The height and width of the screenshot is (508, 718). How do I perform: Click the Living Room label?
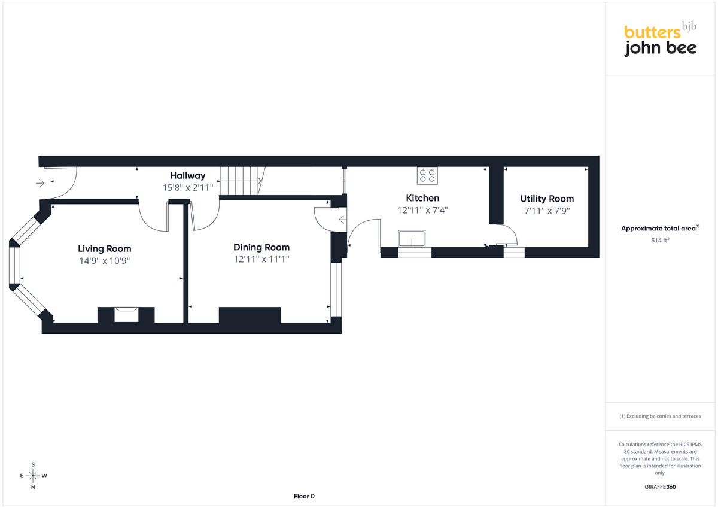(x=105, y=249)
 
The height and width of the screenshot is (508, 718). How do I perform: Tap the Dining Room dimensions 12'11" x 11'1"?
(x=261, y=259)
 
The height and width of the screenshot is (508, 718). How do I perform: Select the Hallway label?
(x=188, y=176)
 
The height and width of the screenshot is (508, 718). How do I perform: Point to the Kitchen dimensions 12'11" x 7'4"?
(x=422, y=210)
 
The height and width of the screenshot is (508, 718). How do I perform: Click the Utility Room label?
(x=547, y=199)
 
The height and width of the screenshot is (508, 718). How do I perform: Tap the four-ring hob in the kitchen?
(x=427, y=176)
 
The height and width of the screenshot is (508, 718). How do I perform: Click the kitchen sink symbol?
(x=412, y=239)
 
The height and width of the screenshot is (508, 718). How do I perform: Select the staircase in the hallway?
(x=243, y=181)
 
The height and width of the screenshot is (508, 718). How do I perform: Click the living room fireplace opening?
(x=126, y=314)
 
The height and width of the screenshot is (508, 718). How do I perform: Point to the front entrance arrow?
(x=41, y=183)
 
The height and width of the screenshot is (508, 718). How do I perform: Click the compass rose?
(x=33, y=476)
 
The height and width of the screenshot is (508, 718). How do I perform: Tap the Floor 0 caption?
(x=304, y=496)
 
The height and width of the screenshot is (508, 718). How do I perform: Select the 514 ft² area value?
(x=660, y=240)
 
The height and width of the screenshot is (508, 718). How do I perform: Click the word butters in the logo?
(x=652, y=33)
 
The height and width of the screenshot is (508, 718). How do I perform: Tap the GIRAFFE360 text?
(x=660, y=487)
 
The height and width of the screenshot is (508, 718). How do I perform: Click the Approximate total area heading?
(x=660, y=228)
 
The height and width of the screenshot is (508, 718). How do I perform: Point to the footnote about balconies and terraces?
(x=660, y=416)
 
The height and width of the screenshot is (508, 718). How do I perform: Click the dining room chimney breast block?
(x=250, y=315)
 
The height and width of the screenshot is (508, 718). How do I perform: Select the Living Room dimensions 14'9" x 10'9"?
(x=105, y=261)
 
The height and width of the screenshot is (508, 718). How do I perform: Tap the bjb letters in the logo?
(x=689, y=26)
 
